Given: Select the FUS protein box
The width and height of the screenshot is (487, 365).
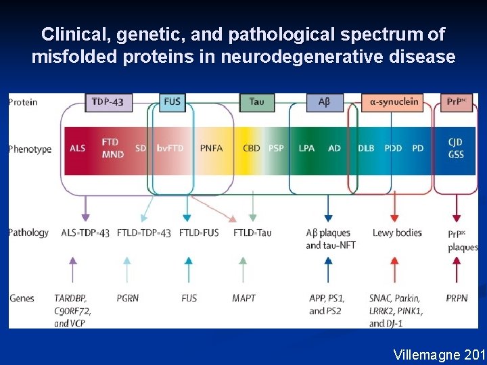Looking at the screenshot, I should click(x=172, y=103).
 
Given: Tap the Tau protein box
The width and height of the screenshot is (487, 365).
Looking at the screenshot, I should click(x=256, y=103).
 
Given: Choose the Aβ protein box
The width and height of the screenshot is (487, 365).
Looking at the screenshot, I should click(x=324, y=103).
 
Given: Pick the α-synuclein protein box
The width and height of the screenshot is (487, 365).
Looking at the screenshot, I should click(x=394, y=103).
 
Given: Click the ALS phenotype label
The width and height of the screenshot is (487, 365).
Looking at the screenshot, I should click(x=78, y=148).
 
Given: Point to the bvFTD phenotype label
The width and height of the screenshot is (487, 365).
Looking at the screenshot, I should click(x=170, y=148).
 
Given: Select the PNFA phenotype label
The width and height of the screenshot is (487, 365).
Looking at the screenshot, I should click(x=212, y=148).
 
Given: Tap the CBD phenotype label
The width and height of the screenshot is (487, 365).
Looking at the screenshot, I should click(x=252, y=148).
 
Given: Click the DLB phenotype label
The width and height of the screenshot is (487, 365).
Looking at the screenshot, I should click(x=366, y=148).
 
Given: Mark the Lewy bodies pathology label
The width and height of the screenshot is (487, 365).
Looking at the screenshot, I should click(x=397, y=233).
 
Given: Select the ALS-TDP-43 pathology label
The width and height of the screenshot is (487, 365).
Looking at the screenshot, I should click(x=85, y=233).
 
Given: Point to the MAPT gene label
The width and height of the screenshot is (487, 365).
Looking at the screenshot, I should click(x=243, y=298).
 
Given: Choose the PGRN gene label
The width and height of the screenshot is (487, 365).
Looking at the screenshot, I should click(x=128, y=298).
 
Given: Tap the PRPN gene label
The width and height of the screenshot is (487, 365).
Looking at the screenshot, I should click(x=457, y=298).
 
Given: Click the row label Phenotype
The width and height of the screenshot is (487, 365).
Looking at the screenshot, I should click(x=30, y=149).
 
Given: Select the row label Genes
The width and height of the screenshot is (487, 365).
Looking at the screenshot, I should click(x=22, y=298).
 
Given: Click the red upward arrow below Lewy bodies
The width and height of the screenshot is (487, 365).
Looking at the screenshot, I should click(x=394, y=267).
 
